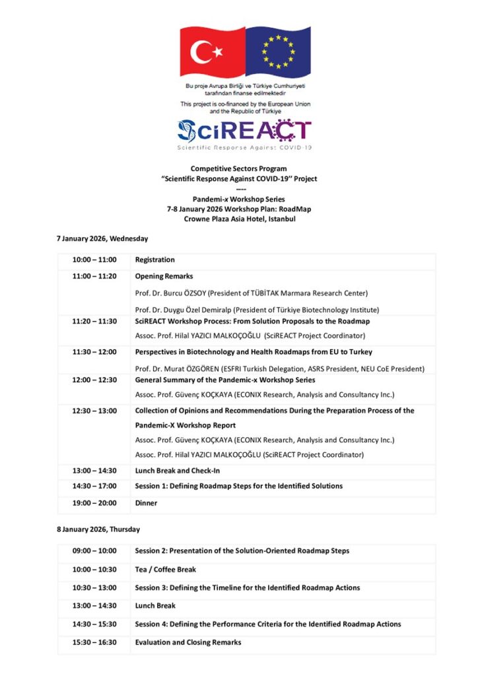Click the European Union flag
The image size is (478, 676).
[278, 52]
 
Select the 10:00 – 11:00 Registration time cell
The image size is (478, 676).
[94, 260]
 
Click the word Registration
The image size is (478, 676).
[155, 260]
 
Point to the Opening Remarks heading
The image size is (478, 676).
[164, 277]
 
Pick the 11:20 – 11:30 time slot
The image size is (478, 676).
[94, 321]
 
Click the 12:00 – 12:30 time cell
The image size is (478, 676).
[94, 380]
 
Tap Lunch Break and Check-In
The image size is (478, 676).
[178, 471]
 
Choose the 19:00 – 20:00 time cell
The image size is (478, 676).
[94, 503]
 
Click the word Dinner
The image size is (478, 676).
[146, 503]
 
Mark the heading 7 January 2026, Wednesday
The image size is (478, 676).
[102, 238]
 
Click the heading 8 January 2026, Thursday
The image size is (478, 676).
[98, 529]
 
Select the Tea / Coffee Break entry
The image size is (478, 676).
[166, 570]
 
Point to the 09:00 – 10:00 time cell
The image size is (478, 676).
[94, 551]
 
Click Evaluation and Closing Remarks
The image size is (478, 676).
[188, 642]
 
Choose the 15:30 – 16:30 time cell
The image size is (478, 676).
[94, 642]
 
